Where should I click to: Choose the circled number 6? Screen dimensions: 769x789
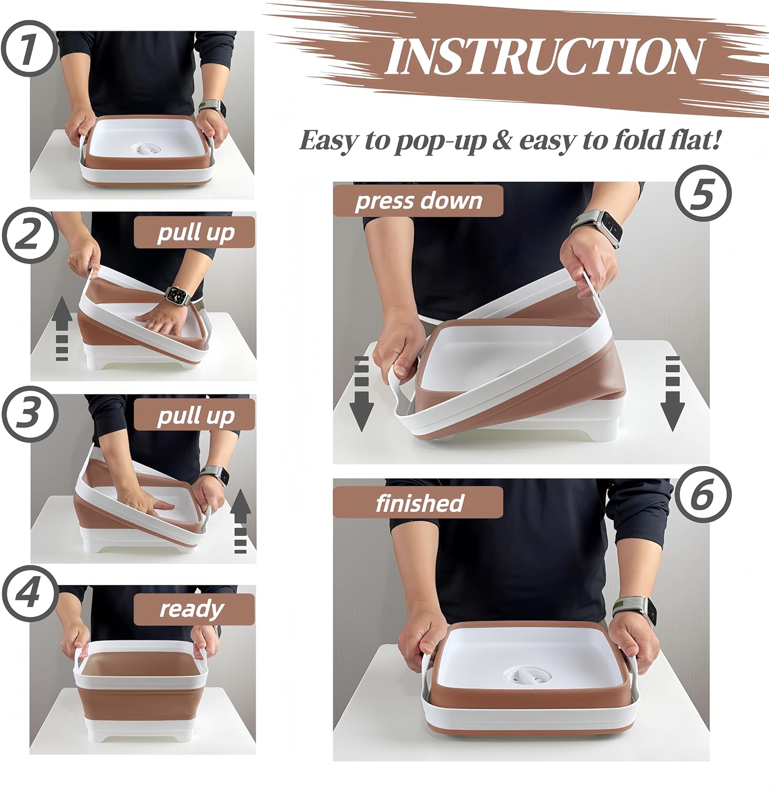click(703, 495)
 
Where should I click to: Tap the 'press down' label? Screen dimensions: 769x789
click(418, 201)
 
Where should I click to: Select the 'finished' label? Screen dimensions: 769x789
click(419, 503)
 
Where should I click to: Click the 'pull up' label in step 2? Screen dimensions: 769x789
click(195, 232)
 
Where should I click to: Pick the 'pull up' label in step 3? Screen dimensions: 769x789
click(195, 416)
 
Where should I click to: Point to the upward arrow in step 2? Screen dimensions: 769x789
click(62, 329)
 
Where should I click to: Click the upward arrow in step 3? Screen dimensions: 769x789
click(240, 521)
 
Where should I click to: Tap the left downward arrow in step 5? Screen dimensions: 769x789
click(361, 393)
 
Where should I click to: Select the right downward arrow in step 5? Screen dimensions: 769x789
click(673, 393)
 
